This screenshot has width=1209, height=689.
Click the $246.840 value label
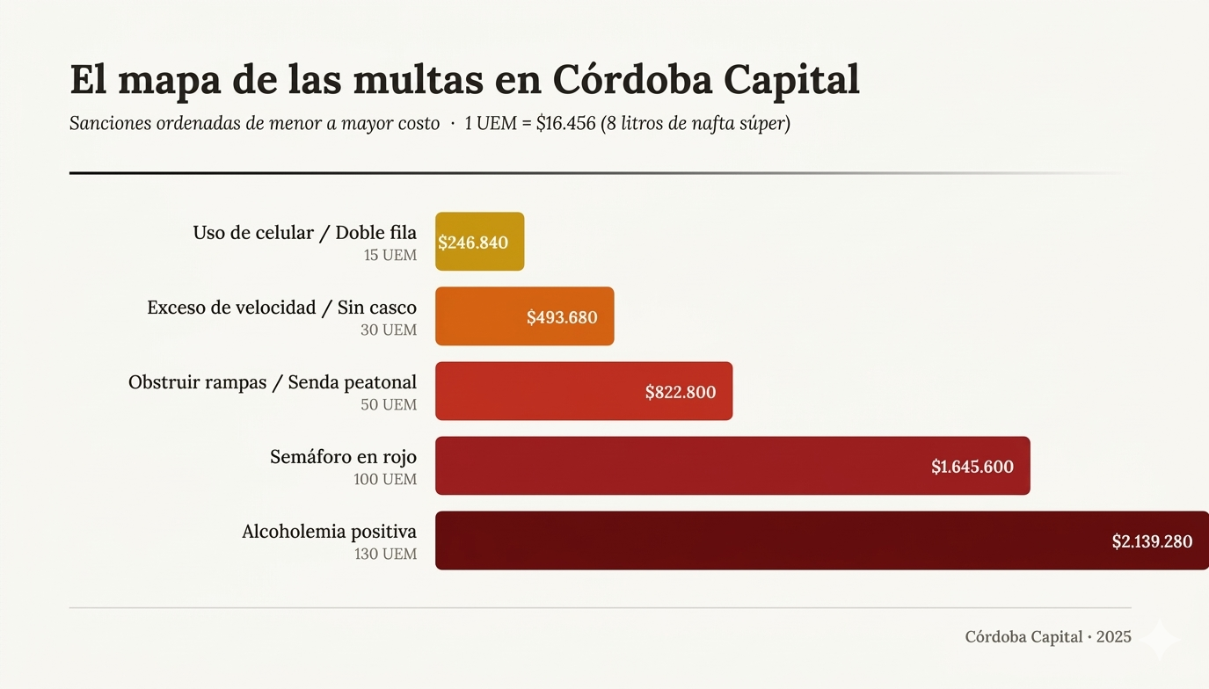click(x=473, y=243)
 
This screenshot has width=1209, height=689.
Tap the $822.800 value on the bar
click(x=680, y=392)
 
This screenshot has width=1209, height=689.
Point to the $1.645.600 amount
click(x=972, y=467)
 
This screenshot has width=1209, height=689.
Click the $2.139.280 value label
click(x=1151, y=541)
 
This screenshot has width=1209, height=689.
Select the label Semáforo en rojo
click(x=343, y=457)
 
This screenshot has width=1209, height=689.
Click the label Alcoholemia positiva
click(x=329, y=532)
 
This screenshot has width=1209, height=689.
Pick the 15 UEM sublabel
click(x=390, y=256)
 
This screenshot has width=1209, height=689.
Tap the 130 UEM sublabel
click(x=385, y=555)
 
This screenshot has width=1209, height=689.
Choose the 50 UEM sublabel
click(x=389, y=405)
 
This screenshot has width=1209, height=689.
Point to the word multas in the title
click(x=418, y=81)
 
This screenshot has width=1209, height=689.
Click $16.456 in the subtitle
click(x=565, y=124)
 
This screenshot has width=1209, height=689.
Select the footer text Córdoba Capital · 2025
click(x=1047, y=637)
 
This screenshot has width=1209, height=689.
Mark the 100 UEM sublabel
click(x=385, y=480)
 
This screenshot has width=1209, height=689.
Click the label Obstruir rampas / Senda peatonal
click(x=273, y=382)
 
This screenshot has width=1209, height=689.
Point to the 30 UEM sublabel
click(x=389, y=330)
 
